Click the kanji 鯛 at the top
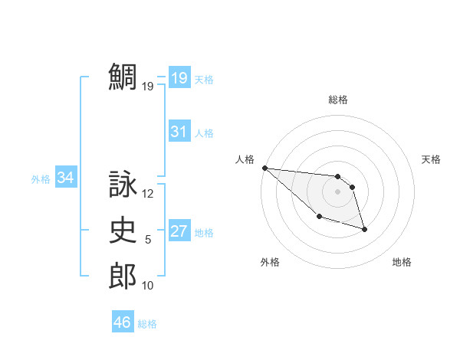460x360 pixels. (x=123, y=77)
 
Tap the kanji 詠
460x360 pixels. (x=123, y=185)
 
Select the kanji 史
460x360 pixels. (x=123, y=230)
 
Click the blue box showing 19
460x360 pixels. (x=179, y=77)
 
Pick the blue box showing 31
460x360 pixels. (x=179, y=132)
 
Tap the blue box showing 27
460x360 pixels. (x=179, y=231)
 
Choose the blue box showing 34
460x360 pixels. (x=66, y=178)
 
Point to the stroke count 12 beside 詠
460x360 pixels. (x=148, y=195)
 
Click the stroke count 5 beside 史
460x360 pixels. (x=148, y=240)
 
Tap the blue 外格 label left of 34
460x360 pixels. (x=41, y=179)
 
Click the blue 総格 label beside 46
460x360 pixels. (x=147, y=324)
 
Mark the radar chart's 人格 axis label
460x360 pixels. (x=245, y=159)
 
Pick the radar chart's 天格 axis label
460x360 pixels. (x=432, y=159)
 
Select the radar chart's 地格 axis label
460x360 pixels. (x=402, y=262)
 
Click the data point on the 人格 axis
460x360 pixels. (x=264, y=168)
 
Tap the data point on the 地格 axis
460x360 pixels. (x=364, y=229)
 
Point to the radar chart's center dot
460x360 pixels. (x=337, y=191)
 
